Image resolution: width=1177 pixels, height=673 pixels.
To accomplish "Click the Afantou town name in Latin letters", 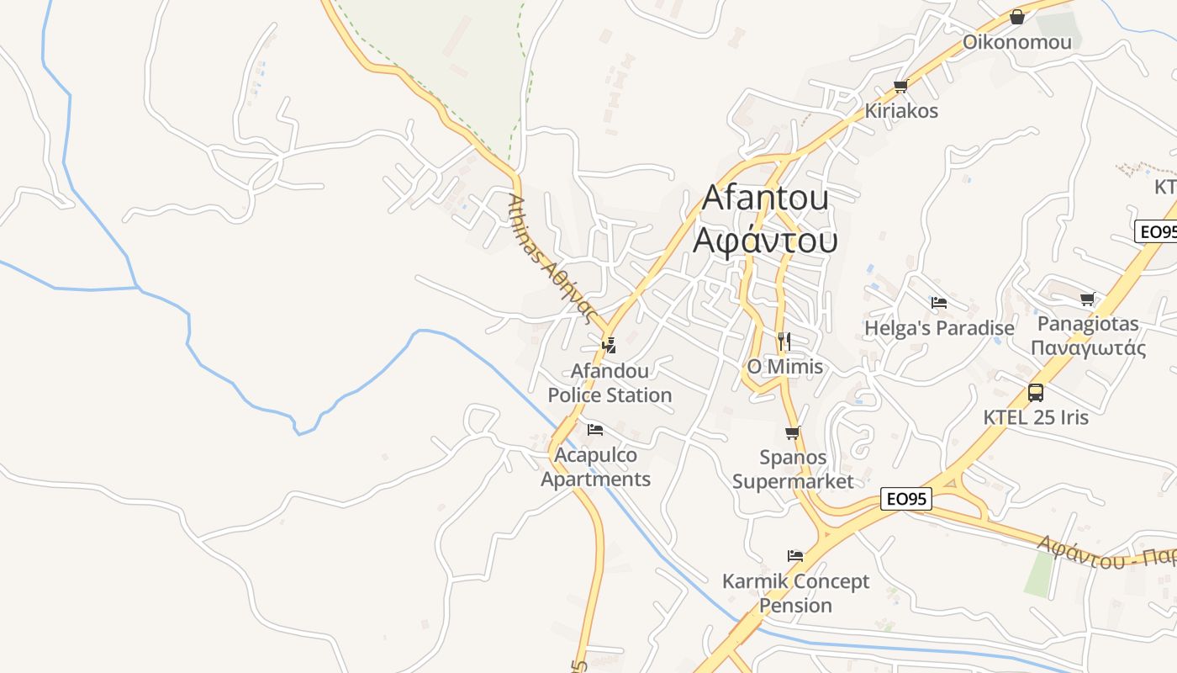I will point(765,198).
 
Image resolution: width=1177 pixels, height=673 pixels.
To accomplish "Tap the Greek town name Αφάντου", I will point(765,240).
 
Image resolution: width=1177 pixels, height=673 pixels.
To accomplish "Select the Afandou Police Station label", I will point(610,383).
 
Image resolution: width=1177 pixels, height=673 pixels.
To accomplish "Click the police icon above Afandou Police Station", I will point(610,344).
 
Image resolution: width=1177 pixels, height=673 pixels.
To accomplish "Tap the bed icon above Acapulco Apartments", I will point(595,430).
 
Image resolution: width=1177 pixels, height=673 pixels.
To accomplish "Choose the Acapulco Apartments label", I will point(595,467).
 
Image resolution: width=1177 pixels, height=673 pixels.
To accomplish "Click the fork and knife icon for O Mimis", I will point(784,341).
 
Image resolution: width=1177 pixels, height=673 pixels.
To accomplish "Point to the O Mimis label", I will point(785,367).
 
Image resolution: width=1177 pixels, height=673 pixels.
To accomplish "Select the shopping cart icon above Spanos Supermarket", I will point(792,433).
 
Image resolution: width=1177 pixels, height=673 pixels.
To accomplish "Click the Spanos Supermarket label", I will point(793,469).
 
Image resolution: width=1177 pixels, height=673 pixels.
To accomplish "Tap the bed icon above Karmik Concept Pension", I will point(795,555).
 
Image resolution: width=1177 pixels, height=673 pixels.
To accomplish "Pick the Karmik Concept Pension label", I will point(795,593).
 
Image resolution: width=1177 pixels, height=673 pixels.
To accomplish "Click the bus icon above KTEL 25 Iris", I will point(1036,392).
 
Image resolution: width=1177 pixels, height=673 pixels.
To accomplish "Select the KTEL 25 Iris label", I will point(1036,417).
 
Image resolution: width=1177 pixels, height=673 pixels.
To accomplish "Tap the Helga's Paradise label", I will point(939,328).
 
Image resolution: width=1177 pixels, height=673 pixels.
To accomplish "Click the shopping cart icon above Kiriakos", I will point(901,86).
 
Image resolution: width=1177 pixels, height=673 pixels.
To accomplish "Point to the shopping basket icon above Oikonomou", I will point(1017,17).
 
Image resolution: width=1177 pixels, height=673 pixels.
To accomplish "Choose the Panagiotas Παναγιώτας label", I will point(1088,336).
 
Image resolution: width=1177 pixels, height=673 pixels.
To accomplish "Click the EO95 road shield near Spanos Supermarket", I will point(907,499).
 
